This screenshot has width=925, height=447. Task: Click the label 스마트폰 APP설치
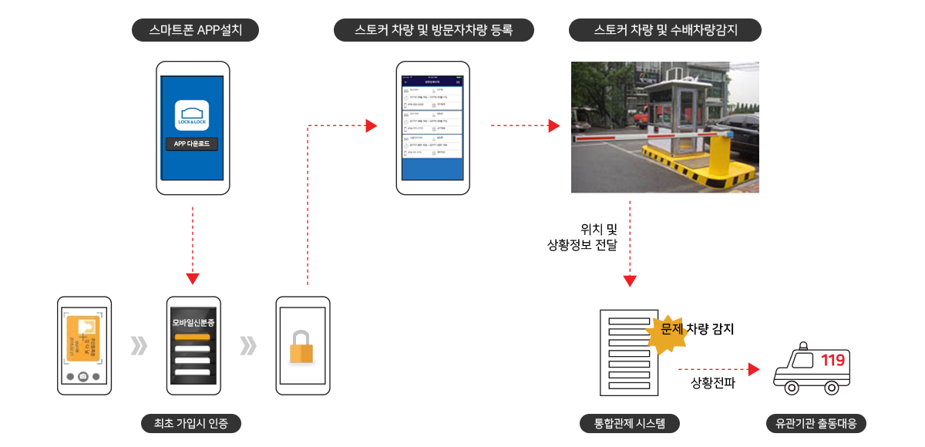pos(193,31)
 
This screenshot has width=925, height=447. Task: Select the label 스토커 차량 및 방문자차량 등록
pos(433,31)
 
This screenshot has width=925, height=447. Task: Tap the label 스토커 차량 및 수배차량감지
pos(665,31)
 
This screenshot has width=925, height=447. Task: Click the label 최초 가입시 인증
pos(191,423)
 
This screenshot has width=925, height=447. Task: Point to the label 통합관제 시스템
pos(629,423)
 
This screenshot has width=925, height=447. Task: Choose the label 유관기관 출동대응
pos(816,423)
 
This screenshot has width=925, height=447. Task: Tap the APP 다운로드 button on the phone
pos(193,143)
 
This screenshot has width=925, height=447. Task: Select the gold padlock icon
pos(301,347)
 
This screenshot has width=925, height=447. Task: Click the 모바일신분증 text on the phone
pos(193,322)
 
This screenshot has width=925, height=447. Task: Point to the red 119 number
pos(832,361)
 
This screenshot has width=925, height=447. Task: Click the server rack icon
pos(624,351)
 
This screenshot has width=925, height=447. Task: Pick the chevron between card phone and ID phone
pos(139,346)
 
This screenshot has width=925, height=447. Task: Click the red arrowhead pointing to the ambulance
pos(754,370)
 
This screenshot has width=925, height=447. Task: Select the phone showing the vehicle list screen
pos(433,127)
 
